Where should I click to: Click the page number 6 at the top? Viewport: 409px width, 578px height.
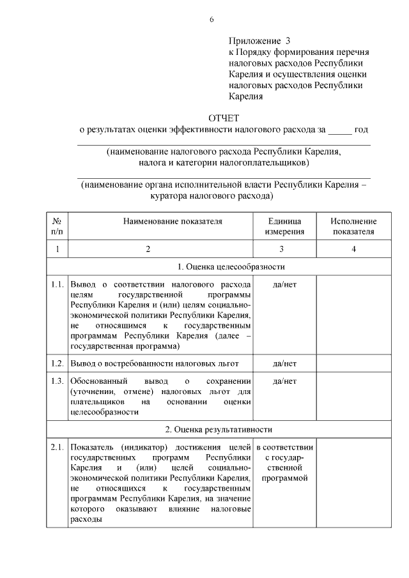click(212, 19)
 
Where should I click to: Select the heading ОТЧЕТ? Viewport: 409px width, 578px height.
click(223, 118)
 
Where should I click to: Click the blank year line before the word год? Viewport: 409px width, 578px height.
click(339, 131)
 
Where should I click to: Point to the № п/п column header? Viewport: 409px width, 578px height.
click(58, 226)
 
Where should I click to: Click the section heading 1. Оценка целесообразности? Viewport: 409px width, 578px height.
click(221, 266)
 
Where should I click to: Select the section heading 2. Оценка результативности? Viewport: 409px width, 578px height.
click(221, 429)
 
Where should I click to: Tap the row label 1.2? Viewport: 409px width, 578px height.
click(58, 364)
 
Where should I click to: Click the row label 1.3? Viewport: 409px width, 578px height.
click(58, 381)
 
